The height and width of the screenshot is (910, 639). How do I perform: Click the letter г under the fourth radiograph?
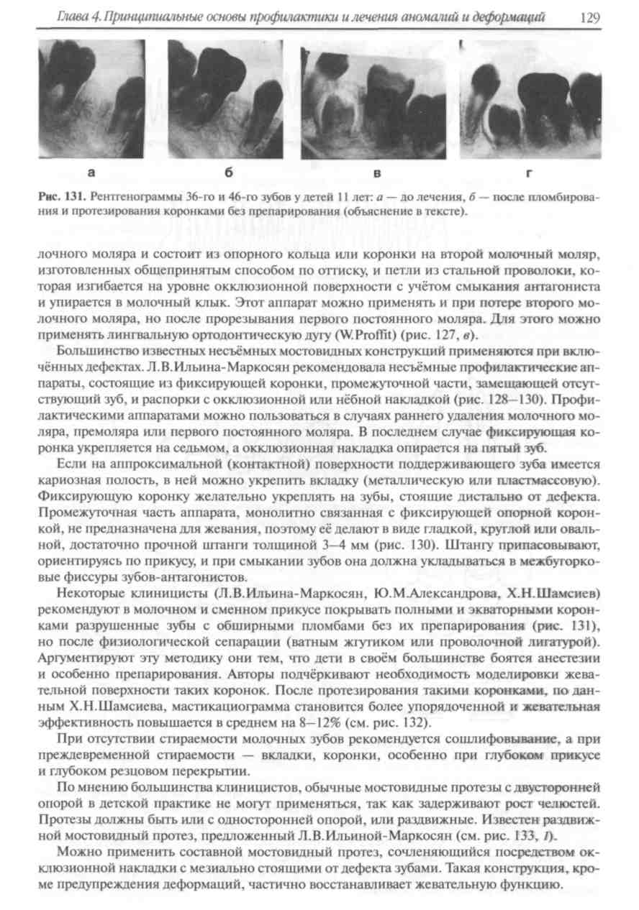(531, 173)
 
